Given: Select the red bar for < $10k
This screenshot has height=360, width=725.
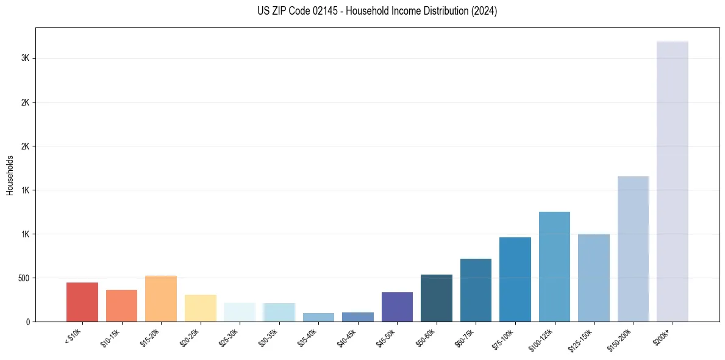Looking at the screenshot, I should (x=82, y=302).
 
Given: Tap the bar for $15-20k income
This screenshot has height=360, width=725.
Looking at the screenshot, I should (x=161, y=299).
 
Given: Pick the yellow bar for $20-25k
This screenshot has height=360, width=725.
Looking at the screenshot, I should (x=201, y=308).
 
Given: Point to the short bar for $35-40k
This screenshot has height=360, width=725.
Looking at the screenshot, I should (x=318, y=317).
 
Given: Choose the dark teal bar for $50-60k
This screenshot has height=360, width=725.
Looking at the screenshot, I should (x=437, y=298).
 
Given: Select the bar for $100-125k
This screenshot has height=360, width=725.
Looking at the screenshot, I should (x=554, y=267).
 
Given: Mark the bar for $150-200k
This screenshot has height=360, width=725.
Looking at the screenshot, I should (x=633, y=249).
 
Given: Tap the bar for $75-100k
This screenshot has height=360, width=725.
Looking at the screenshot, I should (x=515, y=279).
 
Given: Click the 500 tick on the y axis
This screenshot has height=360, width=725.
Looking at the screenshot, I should (x=23, y=278).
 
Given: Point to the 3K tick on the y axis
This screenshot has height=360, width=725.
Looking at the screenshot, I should (x=25, y=59).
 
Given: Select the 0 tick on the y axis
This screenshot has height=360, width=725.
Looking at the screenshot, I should (x=27, y=322).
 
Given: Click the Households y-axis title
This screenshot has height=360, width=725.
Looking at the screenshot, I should (x=10, y=175).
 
